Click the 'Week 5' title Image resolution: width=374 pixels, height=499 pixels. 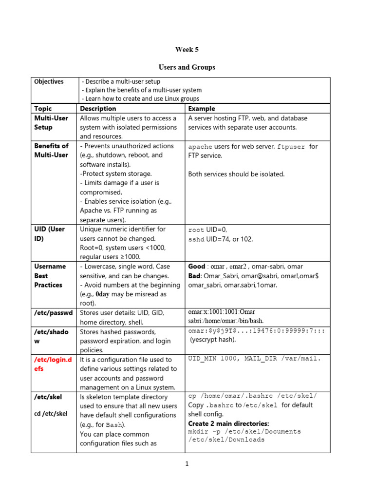tap(187, 49)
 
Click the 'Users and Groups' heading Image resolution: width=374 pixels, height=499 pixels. tap(187, 67)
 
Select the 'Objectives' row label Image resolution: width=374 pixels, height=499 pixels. tap(49, 81)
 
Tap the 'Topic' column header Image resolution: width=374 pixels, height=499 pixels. tap(43, 109)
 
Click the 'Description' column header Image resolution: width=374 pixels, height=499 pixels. tap(98, 109)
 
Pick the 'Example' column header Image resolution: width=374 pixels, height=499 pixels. tap(202, 109)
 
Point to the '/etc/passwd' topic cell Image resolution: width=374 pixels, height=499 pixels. tap(53, 312)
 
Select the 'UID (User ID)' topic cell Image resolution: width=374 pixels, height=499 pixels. tap(49, 234)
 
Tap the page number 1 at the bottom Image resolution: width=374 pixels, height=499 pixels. tap(187, 464)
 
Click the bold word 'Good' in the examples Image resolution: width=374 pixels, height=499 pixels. tap(197, 267)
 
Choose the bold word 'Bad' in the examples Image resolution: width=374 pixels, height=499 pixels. tap(195, 276)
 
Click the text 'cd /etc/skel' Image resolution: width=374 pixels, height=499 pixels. tap(51, 414)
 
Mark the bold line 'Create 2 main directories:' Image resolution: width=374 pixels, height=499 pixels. tap(228, 423)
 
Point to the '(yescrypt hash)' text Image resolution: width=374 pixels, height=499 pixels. tap(213, 340)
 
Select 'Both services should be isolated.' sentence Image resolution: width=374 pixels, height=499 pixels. tap(236, 174)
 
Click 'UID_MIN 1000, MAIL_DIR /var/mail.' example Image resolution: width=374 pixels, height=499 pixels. tap(255, 359)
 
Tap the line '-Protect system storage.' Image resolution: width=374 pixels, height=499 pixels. tap(116, 173)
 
